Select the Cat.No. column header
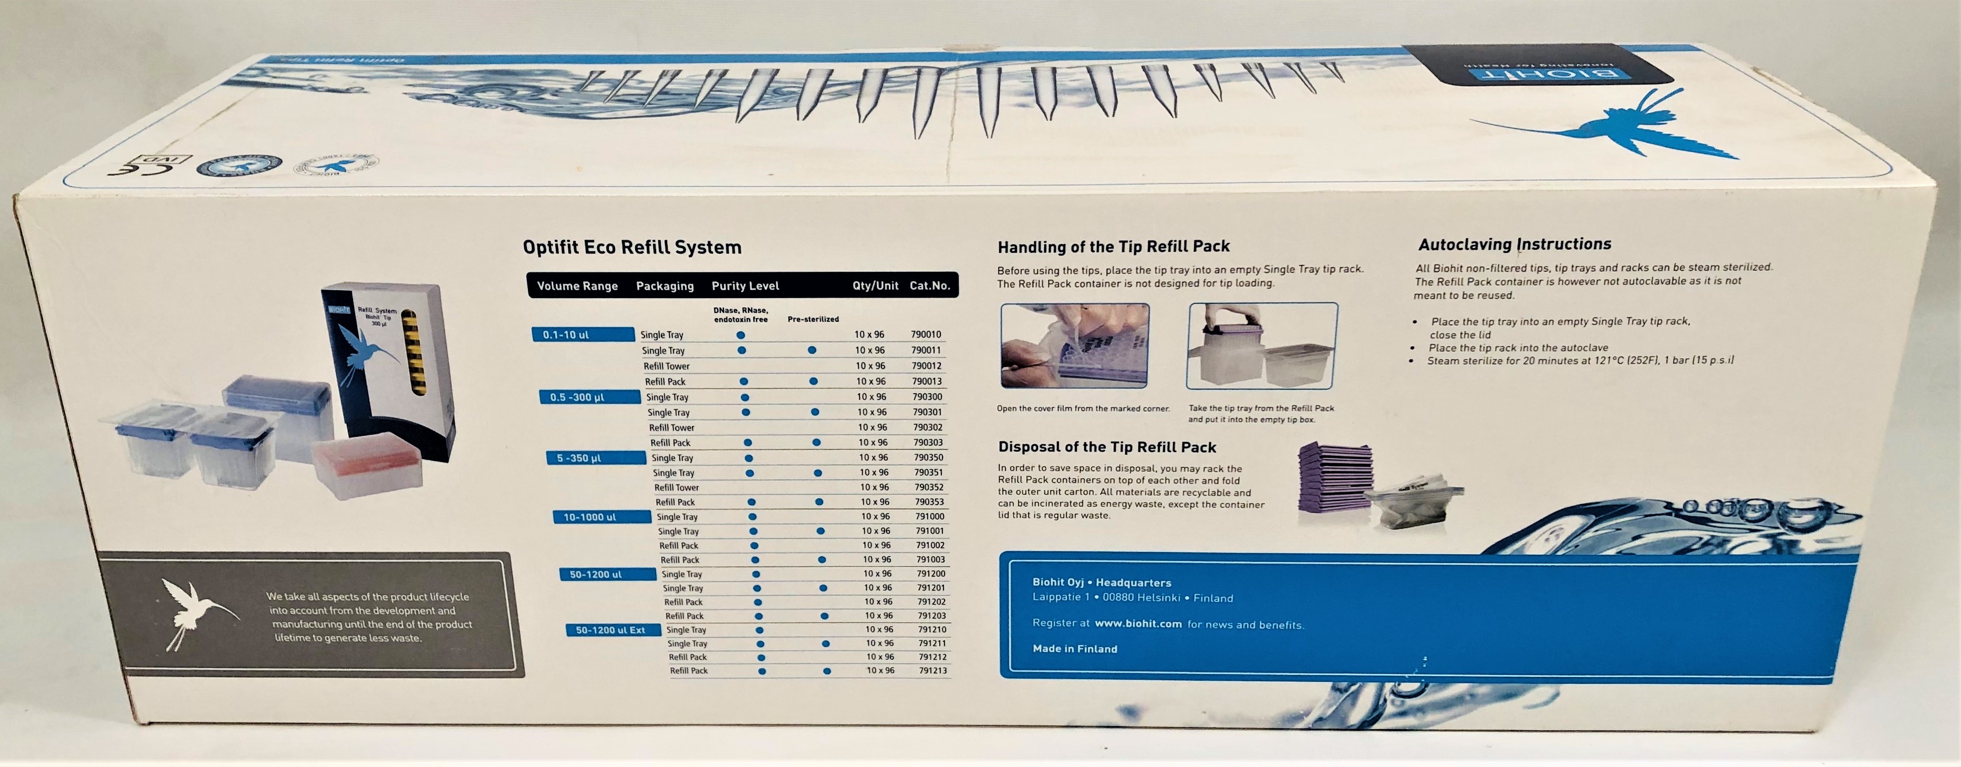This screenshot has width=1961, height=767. pos(929,285)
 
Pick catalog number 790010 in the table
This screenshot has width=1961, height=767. pos(926,334)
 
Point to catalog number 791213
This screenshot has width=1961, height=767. pos(932,671)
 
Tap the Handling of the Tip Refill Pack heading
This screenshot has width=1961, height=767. pos(1113,247)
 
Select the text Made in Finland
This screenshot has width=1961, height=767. pos(1074,649)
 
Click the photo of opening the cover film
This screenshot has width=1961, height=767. pos(1074,346)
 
